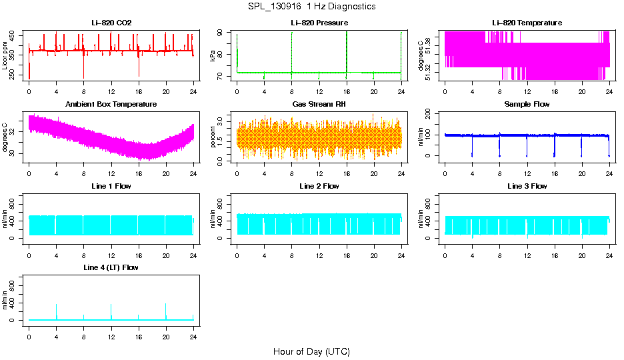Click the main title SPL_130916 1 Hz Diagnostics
pyautogui.click(x=311, y=7)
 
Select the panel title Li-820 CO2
pyautogui.click(x=111, y=23)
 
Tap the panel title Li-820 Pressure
pyautogui.click(x=319, y=23)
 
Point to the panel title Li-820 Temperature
pyautogui.click(x=527, y=23)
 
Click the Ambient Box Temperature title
pyautogui.click(x=111, y=104)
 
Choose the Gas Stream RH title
pyautogui.click(x=319, y=104)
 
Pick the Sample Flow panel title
pyautogui.click(x=527, y=104)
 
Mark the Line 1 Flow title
pyautogui.click(x=111, y=186)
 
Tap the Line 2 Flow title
pyautogui.click(x=319, y=186)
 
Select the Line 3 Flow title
pyautogui.click(x=527, y=186)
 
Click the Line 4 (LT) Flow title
pyautogui.click(x=111, y=267)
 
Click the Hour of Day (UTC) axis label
pyautogui.click(x=311, y=351)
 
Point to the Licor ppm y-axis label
pyautogui.click(x=5, y=56)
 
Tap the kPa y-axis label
pyautogui.click(x=213, y=56)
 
